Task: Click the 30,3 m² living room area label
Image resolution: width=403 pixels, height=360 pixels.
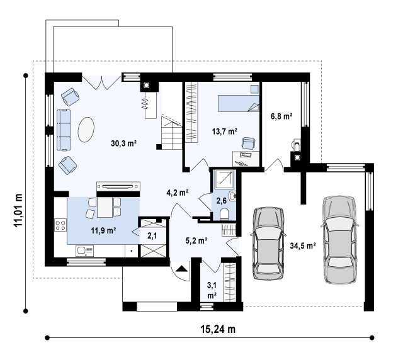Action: pos(123,143)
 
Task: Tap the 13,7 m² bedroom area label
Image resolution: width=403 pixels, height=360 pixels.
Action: pos(225,132)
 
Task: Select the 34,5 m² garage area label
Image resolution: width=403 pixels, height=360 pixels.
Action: pos(303,246)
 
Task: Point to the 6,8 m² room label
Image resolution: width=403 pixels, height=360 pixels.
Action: pos(281,116)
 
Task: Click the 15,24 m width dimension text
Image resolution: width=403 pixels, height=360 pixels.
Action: pos(218,329)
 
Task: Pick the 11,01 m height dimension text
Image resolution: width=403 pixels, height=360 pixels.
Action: pos(18,210)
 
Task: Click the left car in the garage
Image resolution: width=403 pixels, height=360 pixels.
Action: pos(269,243)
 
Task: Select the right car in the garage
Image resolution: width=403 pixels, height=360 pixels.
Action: pos(339,240)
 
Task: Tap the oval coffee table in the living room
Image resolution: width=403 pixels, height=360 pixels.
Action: pos(86,130)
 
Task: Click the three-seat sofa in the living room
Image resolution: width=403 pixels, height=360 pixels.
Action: pos(64,130)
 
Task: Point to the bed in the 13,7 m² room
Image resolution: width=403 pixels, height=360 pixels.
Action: pos(239,104)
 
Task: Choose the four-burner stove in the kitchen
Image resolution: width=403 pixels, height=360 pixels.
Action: pos(60,225)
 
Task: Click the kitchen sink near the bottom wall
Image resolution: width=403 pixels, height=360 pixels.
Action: pos(84,250)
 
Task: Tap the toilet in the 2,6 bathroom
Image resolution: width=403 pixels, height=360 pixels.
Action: pos(224,214)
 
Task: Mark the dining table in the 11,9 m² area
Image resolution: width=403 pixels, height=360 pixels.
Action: pos(105,207)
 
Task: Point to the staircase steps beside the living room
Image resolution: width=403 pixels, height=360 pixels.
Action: pos(172,133)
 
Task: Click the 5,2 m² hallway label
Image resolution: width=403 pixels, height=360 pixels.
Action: pos(196,240)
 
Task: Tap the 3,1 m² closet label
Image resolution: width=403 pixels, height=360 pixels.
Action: pos(212,290)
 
